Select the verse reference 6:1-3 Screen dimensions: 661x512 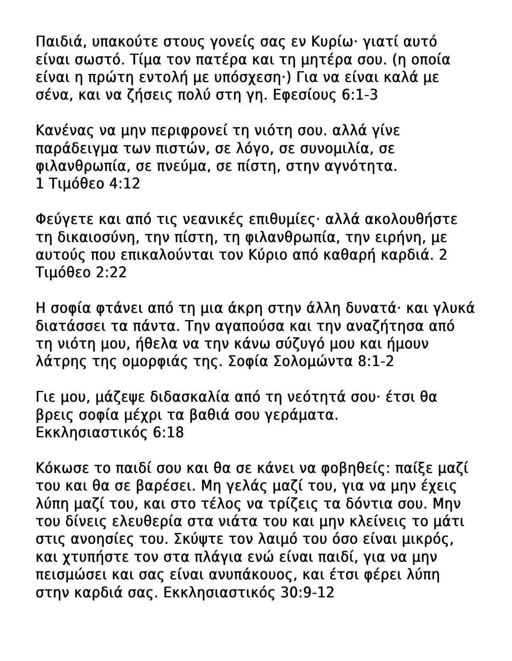(x=360, y=95)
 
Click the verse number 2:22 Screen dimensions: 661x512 (x=111, y=272)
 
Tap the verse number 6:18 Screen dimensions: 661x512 (x=168, y=433)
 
